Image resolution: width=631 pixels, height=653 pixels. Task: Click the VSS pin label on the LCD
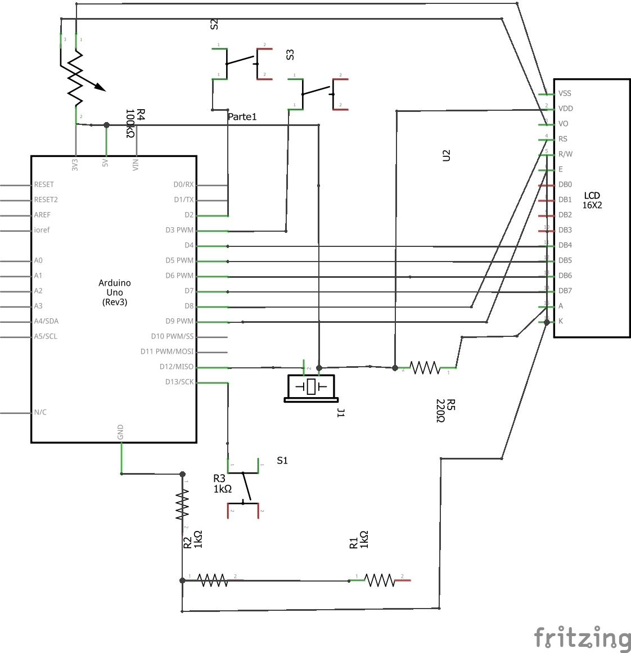click(x=565, y=93)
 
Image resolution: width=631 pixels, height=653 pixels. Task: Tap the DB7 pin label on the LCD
click(x=565, y=291)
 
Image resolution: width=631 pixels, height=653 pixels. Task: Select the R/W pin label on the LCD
click(x=565, y=154)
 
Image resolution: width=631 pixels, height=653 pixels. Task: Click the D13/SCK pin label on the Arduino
click(x=179, y=382)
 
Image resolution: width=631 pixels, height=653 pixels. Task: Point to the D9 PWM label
click(x=180, y=321)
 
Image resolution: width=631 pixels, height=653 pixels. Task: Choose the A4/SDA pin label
click(x=46, y=321)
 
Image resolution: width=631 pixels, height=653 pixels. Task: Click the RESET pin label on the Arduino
click(x=44, y=184)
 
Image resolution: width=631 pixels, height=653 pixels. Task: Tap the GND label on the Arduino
click(x=120, y=433)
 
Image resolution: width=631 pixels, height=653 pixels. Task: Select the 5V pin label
click(x=105, y=164)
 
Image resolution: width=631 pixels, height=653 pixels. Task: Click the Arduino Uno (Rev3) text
click(x=114, y=292)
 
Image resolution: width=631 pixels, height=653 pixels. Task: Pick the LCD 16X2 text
click(x=592, y=201)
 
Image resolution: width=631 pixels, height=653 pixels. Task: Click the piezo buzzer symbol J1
click(x=311, y=388)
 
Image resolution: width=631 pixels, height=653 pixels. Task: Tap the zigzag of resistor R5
click(x=425, y=368)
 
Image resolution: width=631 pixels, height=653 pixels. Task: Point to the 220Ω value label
click(x=440, y=411)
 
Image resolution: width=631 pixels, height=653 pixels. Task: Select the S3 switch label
click(x=290, y=55)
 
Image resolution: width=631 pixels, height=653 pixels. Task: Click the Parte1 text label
click(x=242, y=117)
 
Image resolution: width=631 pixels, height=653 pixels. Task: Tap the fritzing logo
click(x=582, y=638)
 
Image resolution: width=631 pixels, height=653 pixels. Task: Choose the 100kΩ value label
click(x=130, y=124)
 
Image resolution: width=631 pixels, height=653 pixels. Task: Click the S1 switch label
click(x=282, y=461)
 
